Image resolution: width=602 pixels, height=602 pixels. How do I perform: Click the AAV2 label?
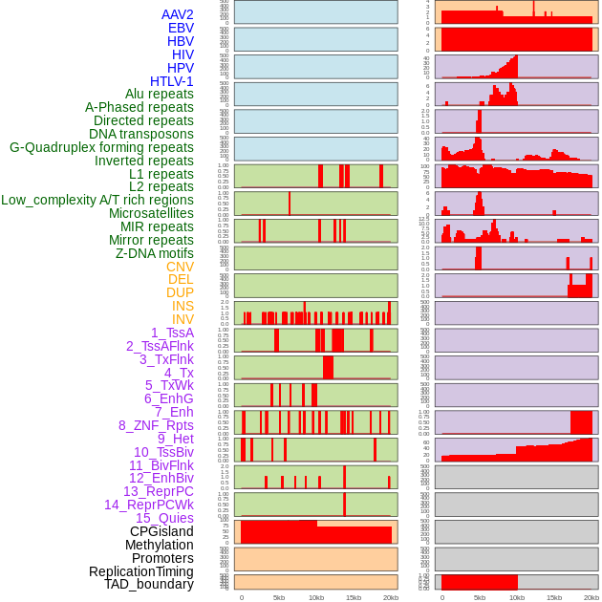point(177,14)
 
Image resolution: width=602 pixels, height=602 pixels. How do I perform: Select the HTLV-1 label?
point(171,81)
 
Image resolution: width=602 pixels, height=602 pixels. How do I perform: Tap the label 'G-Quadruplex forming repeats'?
point(101,147)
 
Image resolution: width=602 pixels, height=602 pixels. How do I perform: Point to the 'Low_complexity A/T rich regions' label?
point(97,200)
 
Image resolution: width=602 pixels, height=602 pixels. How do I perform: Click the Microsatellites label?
point(151,213)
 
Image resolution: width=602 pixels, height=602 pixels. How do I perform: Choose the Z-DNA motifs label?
point(155,253)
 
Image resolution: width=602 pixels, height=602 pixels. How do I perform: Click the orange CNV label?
point(180,267)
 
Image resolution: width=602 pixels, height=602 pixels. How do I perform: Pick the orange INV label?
point(183,319)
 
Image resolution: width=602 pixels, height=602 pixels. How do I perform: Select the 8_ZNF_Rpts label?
point(156,425)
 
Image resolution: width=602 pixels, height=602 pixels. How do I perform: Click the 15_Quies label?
point(164,518)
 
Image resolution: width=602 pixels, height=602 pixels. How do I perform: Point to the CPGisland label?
point(161,531)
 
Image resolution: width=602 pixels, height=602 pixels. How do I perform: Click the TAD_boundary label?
point(148,584)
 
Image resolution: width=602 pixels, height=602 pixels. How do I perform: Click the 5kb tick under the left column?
point(279,597)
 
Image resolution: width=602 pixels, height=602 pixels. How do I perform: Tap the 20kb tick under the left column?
point(390,597)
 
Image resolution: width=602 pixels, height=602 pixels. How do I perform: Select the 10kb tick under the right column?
point(517,597)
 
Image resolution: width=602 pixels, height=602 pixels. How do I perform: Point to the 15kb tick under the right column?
point(554,597)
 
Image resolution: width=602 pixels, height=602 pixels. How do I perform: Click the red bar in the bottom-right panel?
point(479,582)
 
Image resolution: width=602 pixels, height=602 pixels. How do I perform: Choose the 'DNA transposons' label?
point(141,134)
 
